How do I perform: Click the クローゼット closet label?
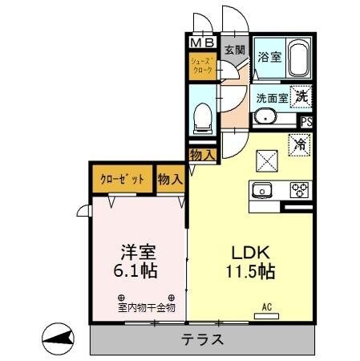click(122, 180)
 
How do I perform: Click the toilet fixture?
click(203, 119)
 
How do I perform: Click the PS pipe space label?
click(305, 122)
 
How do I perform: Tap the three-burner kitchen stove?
click(299, 191)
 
